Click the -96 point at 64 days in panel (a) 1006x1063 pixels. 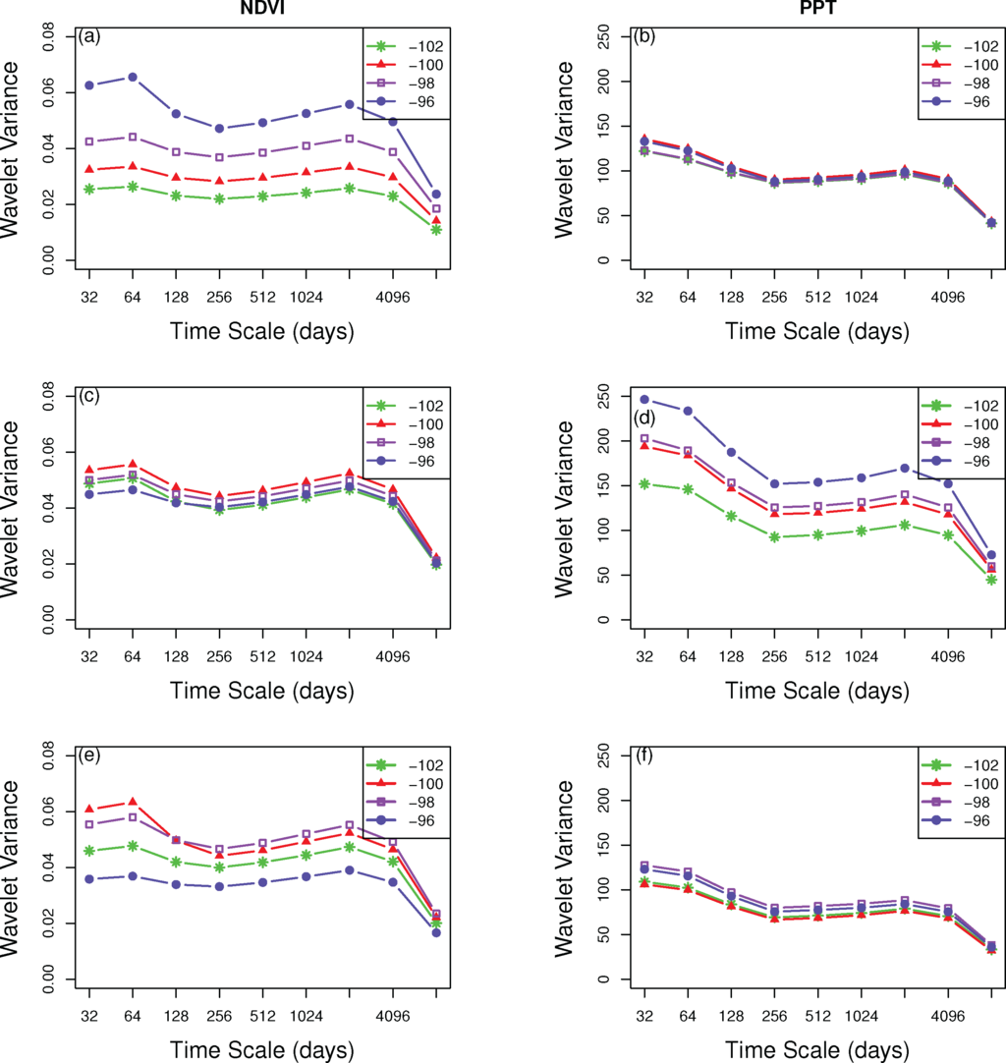pos(133,77)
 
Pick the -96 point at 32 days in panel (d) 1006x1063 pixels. pos(644,400)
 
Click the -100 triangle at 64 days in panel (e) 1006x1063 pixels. pos(133,803)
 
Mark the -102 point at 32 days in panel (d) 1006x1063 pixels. pos(644,483)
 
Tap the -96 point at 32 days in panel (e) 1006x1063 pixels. pos(89,878)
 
